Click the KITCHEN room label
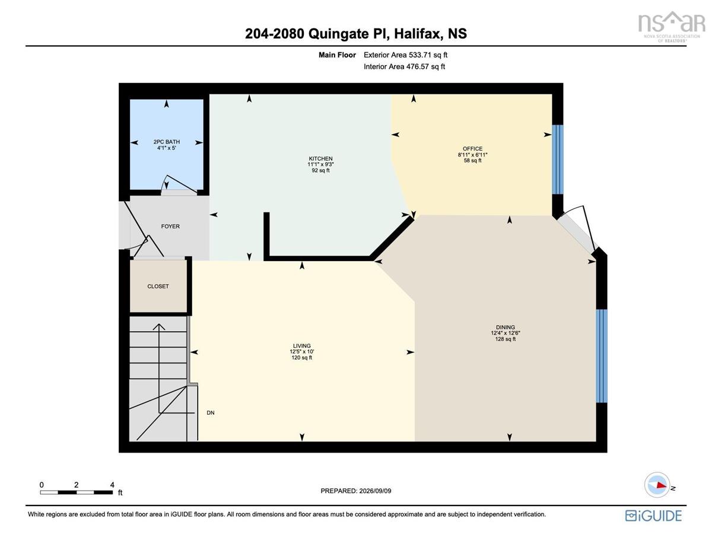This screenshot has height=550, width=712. pyautogui.click(x=320, y=158)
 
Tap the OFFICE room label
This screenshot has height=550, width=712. pyautogui.click(x=472, y=149)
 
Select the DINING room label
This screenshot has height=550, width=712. pyautogui.click(x=505, y=327)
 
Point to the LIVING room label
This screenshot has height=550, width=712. pyautogui.click(x=301, y=345)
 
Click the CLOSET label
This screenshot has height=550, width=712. pyautogui.click(x=158, y=287)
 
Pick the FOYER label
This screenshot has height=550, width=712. pyautogui.click(x=170, y=227)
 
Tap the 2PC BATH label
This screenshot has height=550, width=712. pyautogui.click(x=167, y=142)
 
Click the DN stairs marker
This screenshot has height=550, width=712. pyautogui.click(x=211, y=413)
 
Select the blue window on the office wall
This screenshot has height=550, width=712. pyautogui.click(x=557, y=160)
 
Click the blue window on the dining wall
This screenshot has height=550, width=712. pyautogui.click(x=601, y=356)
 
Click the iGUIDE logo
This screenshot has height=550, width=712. pyautogui.click(x=653, y=516)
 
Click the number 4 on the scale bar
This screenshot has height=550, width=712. pyautogui.click(x=112, y=485)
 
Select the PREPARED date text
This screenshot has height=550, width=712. pyautogui.click(x=355, y=491)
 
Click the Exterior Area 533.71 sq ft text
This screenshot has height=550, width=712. pyautogui.click(x=405, y=55)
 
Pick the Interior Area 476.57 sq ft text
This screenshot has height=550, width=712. pyautogui.click(x=404, y=66)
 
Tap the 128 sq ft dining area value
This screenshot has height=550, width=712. pyautogui.click(x=506, y=339)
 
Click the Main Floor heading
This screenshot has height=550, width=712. pyautogui.click(x=337, y=55)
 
